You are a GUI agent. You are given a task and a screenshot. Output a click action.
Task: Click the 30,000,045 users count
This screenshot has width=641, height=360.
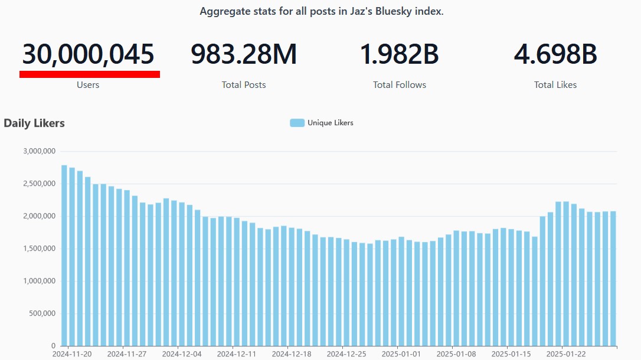[89, 55]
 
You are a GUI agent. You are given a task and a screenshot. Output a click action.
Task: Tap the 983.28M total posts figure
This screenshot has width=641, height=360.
[244, 55]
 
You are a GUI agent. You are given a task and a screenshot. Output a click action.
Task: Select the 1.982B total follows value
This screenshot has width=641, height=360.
[400, 55]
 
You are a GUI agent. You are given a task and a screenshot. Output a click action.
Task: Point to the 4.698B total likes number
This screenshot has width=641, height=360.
[555, 55]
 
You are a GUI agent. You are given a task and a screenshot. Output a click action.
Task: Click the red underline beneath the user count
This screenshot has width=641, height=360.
[90, 74]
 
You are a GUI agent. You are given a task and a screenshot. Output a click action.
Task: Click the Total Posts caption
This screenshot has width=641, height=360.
[244, 85]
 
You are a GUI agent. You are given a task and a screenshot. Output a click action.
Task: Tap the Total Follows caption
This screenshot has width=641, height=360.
[400, 85]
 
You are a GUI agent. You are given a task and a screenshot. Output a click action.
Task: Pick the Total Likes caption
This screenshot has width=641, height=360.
[555, 85]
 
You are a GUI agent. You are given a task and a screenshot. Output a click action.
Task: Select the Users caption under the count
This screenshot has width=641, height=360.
[88, 85]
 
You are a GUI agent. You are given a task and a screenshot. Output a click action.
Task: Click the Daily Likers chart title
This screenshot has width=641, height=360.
[34, 123]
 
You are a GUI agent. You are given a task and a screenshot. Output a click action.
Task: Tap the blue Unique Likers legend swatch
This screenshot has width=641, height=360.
[297, 123]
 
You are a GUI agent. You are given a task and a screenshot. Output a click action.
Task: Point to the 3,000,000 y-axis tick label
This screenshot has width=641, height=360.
[39, 151]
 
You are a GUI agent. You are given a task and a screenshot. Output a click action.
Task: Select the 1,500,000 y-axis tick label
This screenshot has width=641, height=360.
[39, 248]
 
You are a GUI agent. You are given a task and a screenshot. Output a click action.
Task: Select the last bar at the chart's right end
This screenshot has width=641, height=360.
[613, 278]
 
